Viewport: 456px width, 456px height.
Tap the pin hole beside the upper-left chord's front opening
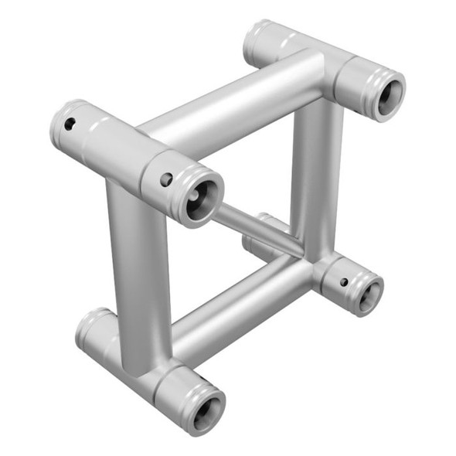[x=166, y=179]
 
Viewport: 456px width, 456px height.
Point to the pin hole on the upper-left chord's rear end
[x=70, y=124]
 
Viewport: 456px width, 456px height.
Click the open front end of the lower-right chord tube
[x=367, y=293]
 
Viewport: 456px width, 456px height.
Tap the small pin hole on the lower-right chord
[x=344, y=281]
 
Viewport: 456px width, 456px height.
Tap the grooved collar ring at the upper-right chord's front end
[x=369, y=81]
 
